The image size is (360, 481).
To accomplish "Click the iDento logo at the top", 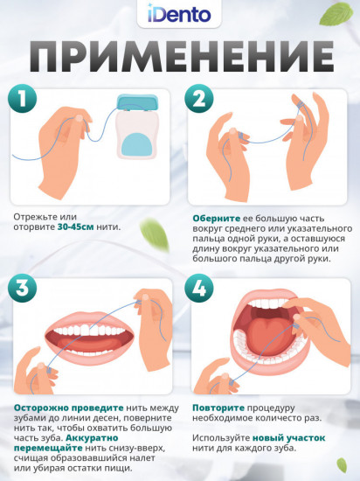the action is (179, 14).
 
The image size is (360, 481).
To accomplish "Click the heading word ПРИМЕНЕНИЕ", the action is (182, 57).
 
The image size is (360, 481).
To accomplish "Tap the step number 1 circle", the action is (22, 99).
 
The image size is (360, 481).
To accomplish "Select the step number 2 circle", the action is (199, 99).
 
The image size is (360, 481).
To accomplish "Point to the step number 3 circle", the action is (22, 288).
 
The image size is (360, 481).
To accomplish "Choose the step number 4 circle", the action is (199, 288).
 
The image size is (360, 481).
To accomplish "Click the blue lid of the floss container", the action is (137, 102).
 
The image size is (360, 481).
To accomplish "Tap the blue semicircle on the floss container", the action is (136, 144).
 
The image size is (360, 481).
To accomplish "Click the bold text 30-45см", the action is (75, 227).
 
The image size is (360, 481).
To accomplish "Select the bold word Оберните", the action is (217, 219).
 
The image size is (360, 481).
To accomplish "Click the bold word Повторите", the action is (218, 408).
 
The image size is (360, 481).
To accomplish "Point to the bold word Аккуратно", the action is (92, 438).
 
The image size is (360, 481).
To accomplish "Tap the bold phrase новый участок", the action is (288, 438).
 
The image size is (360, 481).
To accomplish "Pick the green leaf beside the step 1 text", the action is (155, 234).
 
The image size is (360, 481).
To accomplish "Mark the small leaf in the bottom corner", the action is (342, 465).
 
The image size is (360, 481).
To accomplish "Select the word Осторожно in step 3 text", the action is (41, 408).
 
